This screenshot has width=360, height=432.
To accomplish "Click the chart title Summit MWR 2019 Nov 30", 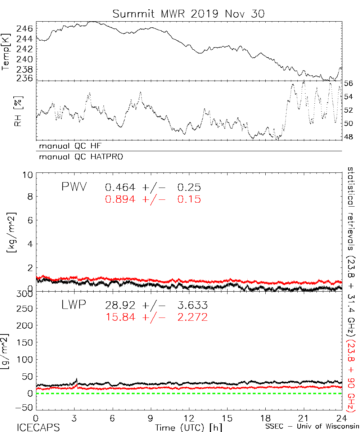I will click(x=188, y=14).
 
